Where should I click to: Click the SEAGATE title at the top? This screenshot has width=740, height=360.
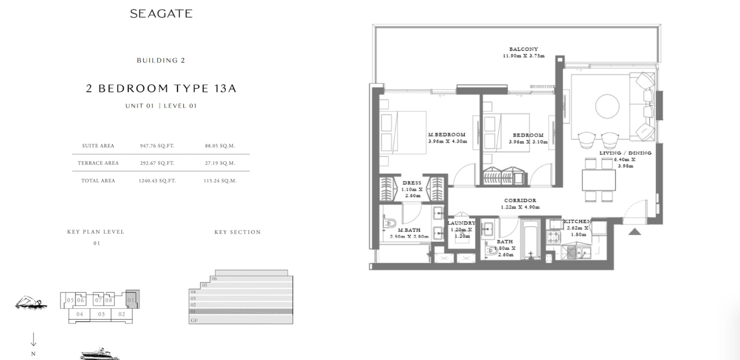coord(161,14)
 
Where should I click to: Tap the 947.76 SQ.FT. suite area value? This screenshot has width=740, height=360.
coord(157,146)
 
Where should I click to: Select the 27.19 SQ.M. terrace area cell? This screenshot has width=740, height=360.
coord(220,163)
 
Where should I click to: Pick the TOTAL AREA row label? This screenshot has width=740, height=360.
coord(98,181)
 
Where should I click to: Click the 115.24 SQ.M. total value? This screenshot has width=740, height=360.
coord(220,181)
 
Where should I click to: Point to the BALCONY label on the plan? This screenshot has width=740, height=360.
coord(524,49)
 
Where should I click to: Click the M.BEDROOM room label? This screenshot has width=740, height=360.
coord(447,135)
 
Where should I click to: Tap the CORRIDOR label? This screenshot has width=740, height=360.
coord(520,200)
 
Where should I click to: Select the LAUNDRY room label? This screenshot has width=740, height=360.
coord(461,223)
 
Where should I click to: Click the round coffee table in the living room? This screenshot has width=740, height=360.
coord(607,106)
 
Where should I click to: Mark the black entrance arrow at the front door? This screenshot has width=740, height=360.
coord(635,232)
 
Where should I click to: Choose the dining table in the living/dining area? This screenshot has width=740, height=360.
coord(599,180)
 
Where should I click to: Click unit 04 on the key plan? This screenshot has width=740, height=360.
coord(79,314)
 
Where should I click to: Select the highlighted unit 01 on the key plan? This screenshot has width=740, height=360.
coord(132,299)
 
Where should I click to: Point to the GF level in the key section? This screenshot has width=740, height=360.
coord(241,320)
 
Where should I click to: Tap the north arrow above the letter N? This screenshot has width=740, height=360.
coord(33,339)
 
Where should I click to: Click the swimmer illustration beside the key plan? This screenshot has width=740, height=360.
coord(31,302)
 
